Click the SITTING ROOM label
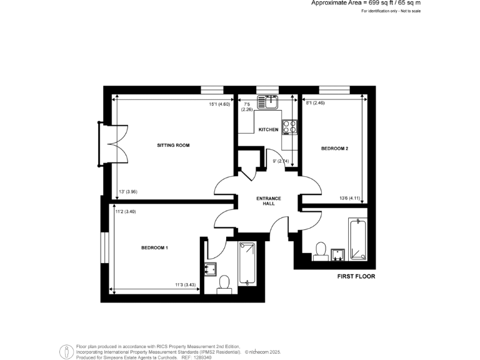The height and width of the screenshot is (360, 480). coord(173,145)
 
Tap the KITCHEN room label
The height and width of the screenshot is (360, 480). coord(268,129)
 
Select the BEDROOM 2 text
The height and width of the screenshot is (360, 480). coord(334,148)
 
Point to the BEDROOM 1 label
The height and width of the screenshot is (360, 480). coord(154,248)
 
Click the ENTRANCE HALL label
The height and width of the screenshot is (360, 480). coord(269,201)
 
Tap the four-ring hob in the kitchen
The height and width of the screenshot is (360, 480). coord(289,126)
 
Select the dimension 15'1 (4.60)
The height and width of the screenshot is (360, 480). coord(219,104)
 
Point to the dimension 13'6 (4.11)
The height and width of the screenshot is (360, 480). coord(351,198)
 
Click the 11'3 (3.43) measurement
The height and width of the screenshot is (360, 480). coord(186,285)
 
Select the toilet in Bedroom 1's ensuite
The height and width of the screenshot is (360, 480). coord(224,284)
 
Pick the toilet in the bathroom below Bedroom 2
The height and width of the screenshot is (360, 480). coord(321,250)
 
